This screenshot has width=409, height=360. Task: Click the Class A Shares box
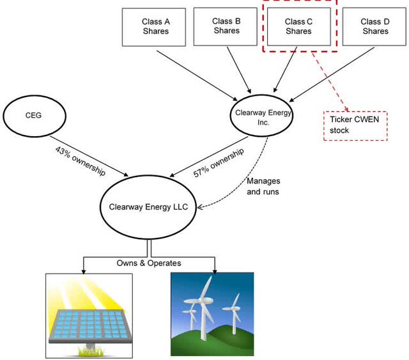click(x=155, y=27)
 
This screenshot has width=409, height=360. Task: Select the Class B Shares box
click(x=227, y=26)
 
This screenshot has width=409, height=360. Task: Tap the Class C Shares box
click(x=298, y=27)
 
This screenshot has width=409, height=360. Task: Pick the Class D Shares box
click(x=374, y=27)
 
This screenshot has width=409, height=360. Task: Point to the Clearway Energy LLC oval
click(x=149, y=207)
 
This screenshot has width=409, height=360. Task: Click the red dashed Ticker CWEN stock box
click(x=355, y=123)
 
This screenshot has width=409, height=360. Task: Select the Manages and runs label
click(x=263, y=185)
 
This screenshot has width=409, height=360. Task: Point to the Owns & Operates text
click(x=149, y=263)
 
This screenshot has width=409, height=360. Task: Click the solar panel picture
click(x=89, y=315)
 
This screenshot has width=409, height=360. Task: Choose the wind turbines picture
click(x=212, y=314)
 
